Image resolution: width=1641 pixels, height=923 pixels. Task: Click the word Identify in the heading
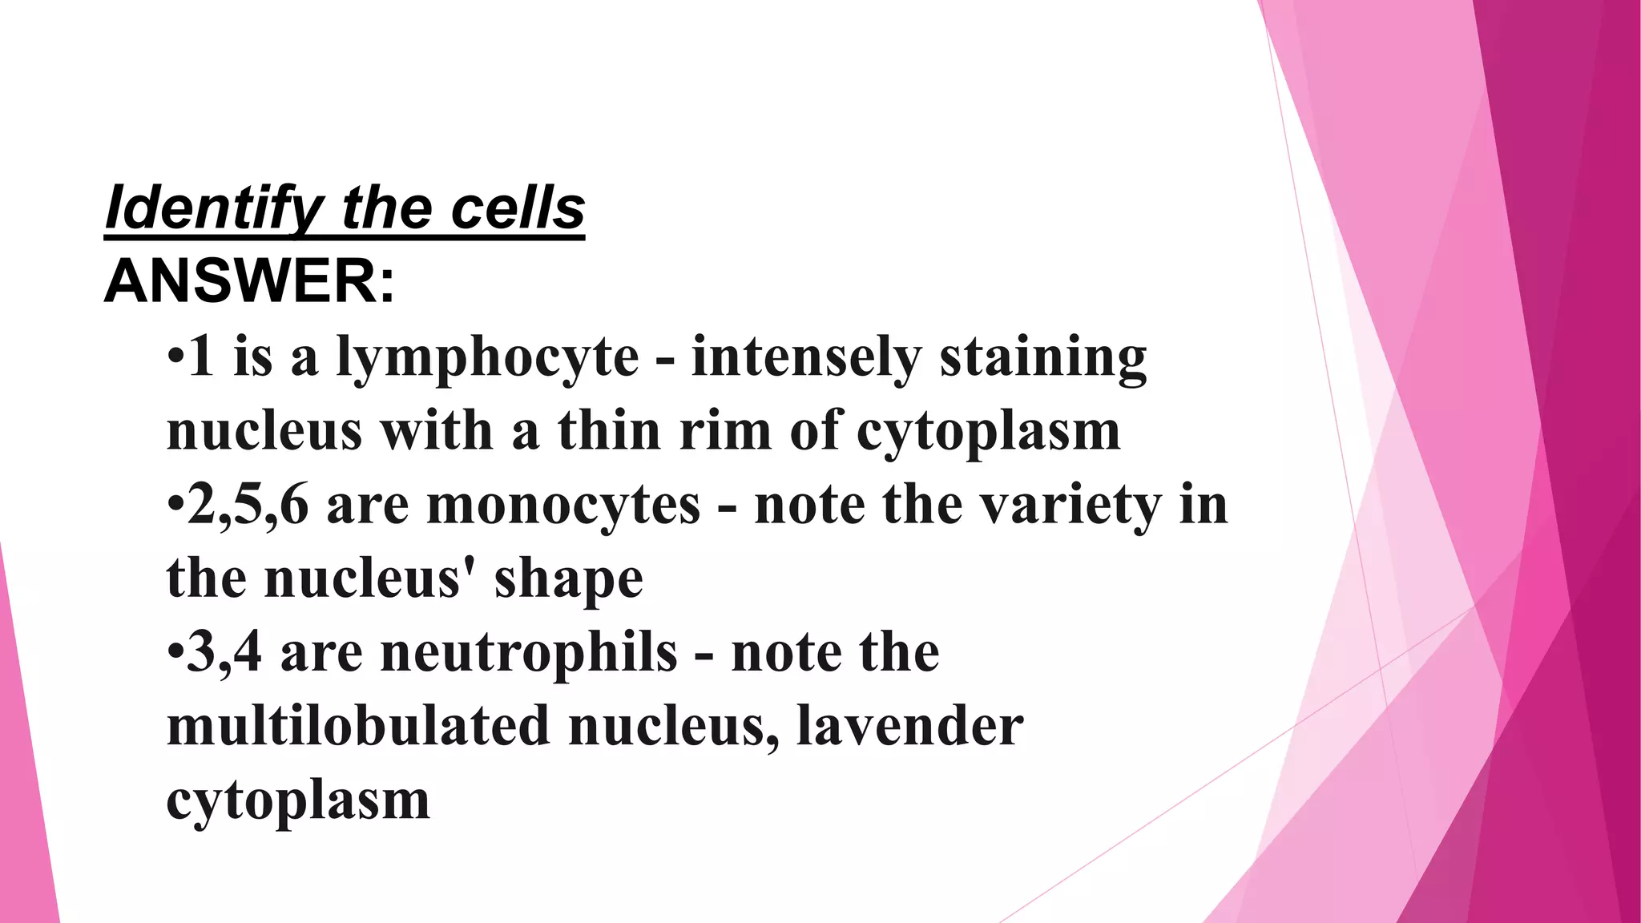click(x=212, y=208)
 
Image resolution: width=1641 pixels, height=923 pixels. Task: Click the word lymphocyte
click(x=487, y=357)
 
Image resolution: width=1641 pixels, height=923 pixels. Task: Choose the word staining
click(x=1043, y=357)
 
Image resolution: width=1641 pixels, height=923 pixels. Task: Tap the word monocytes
click(x=564, y=506)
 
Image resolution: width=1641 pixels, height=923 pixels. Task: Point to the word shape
click(x=568, y=579)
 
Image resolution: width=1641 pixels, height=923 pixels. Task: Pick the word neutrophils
click(x=529, y=652)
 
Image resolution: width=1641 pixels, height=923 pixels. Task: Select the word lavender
click(x=910, y=726)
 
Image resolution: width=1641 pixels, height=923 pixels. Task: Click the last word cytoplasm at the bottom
click(x=298, y=800)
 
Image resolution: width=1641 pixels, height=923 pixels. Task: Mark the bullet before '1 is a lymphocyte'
click(x=175, y=357)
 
